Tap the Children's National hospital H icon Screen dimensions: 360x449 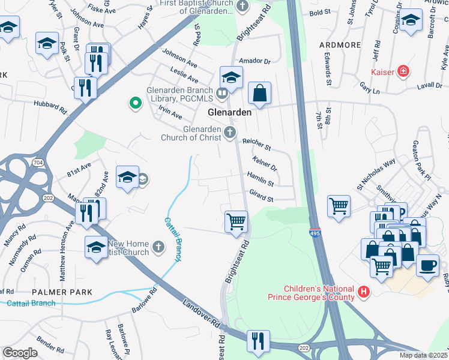pos(363,292)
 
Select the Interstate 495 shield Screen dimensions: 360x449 pos(315,232)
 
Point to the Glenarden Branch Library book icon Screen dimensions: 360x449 pos(222,92)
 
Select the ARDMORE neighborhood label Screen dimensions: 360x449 pos(340,45)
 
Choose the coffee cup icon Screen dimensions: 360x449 pos(427,265)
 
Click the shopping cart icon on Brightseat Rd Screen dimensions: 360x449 pos(237,221)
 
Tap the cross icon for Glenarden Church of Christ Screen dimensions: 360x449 pos(229,133)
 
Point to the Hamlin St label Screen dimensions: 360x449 pos(261,178)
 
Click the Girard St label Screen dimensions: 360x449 pos(261,196)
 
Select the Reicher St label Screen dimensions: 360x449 pos(256,144)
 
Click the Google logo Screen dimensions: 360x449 pos(20,353)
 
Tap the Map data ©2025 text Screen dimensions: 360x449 pos(423,355)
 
